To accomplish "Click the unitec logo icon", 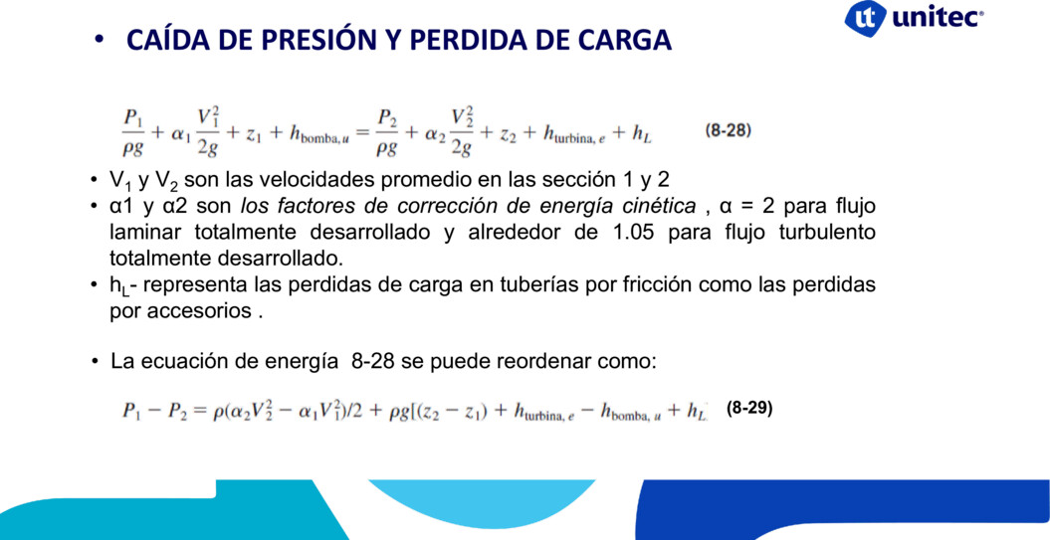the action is (x=865, y=17).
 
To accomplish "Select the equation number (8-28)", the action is (x=728, y=131).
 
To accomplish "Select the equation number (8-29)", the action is (x=749, y=409).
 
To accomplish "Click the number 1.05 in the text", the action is (x=633, y=233).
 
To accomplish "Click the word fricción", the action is (x=636, y=285).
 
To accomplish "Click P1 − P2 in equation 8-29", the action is (x=156, y=410).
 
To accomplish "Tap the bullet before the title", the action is (x=100, y=40).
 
